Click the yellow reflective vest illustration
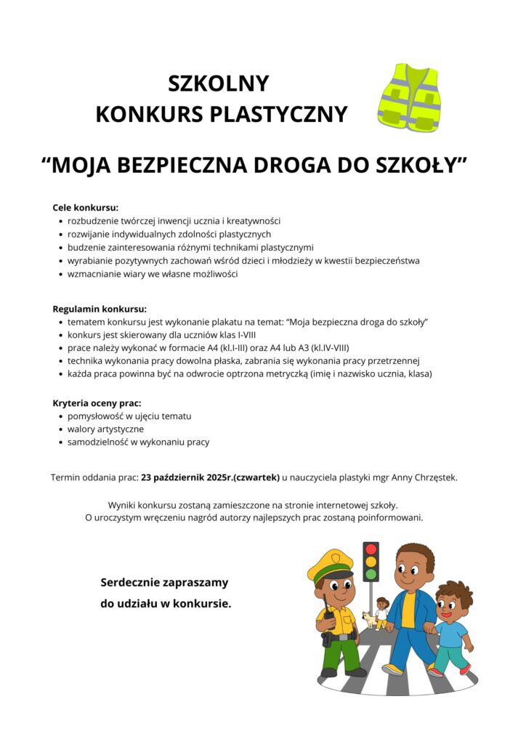click(x=409, y=98)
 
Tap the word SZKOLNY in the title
click(x=218, y=84)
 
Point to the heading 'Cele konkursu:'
click(x=85, y=207)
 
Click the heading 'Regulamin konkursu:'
click(x=100, y=308)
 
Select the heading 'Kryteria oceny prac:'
click(x=97, y=403)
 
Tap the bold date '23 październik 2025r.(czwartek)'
click(x=211, y=477)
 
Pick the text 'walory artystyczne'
click(x=105, y=429)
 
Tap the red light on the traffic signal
click(x=371, y=549)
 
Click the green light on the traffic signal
click(x=371, y=574)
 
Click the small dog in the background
click(x=368, y=620)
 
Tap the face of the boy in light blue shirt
click(x=452, y=605)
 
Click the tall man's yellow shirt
click(x=408, y=609)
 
